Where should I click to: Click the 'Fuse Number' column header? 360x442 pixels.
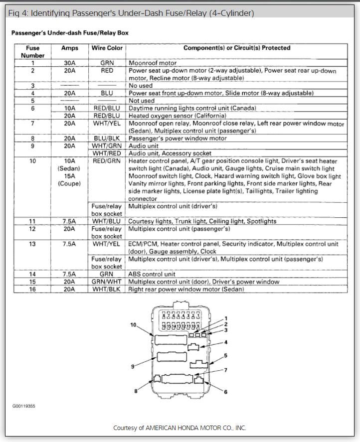[32, 52]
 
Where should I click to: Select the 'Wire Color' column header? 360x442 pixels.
[107, 48]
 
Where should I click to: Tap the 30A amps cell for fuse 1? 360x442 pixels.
[69, 63]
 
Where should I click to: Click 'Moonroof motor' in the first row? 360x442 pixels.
[152, 63]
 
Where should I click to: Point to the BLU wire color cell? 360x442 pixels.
[107, 93]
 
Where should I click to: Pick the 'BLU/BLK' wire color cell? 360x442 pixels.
[107, 139]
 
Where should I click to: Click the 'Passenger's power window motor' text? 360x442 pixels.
[178, 139]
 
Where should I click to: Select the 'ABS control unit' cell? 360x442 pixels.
[152, 274]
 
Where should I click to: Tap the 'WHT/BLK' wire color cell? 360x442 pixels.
[107, 289]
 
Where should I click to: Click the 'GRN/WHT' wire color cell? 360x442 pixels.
[107, 282]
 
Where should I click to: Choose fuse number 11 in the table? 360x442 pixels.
[33, 221]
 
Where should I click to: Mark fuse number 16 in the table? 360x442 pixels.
[33, 289]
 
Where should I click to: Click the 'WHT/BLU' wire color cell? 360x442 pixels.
[107, 221]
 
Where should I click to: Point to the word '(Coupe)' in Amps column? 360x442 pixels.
[69, 184]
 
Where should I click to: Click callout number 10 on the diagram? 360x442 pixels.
[133, 325]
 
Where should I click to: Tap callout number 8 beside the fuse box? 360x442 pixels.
[135, 391]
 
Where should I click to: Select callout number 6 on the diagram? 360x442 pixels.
[225, 392]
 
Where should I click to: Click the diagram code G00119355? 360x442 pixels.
[24, 406]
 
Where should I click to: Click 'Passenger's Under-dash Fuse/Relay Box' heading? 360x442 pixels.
[70, 33]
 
